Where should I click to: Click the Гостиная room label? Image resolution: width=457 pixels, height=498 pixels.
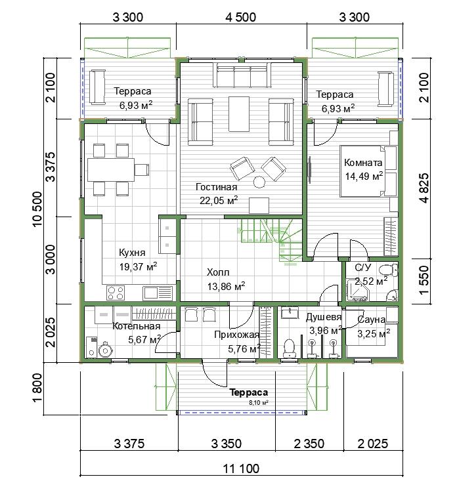tap(216, 187)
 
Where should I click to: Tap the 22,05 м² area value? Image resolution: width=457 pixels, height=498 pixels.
tap(219, 200)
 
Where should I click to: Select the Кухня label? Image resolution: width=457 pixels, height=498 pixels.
tap(132, 253)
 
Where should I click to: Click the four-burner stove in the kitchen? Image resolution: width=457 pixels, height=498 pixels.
tap(116, 293)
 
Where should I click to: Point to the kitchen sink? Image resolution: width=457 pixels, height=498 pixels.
tap(158, 293)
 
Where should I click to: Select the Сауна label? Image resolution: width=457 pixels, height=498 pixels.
tap(371, 320)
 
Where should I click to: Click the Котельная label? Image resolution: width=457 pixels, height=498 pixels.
tap(137, 326)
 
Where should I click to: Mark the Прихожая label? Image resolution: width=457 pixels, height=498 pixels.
tap(237, 335)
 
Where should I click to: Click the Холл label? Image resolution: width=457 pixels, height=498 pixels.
tap(218, 272)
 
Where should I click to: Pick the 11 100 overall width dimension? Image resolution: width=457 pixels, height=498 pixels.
tap(241, 468)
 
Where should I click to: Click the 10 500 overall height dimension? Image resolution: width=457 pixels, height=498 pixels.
tap(37, 209)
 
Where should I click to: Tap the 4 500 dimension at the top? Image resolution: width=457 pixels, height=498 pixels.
tap(240, 17)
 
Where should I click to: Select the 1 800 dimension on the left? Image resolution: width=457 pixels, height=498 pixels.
tap(37, 388)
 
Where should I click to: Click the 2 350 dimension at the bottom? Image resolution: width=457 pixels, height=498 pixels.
tap(309, 444)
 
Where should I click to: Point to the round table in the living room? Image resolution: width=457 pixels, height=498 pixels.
tap(259, 182)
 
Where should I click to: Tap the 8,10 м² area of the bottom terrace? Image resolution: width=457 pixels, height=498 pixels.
tap(259, 403)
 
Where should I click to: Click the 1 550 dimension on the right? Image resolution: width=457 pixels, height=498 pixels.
tap(424, 280)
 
